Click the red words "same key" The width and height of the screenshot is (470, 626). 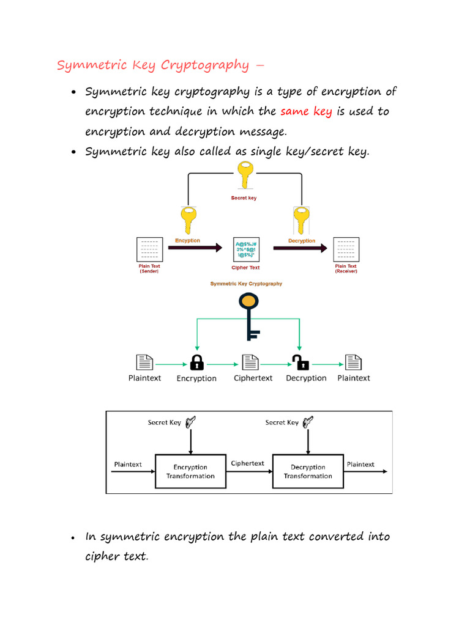point(305,112)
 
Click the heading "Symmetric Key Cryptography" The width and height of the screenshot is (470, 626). point(153,65)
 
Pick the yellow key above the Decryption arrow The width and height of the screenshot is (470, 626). point(301,221)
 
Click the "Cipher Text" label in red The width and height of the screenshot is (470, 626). point(245,268)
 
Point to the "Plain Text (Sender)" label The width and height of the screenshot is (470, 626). point(149,268)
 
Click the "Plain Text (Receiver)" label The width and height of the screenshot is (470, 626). point(346,268)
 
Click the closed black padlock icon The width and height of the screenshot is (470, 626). point(196,362)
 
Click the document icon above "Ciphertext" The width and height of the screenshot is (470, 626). point(249,362)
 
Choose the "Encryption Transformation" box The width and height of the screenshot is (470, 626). point(190,471)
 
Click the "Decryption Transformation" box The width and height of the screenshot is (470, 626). point(308,471)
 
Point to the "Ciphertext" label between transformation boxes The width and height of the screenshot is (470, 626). point(248,463)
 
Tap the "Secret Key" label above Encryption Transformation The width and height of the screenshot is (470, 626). point(164,422)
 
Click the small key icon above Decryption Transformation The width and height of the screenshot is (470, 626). point(308,421)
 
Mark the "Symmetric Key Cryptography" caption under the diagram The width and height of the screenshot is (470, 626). point(246,284)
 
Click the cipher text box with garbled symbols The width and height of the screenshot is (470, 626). point(245,249)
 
